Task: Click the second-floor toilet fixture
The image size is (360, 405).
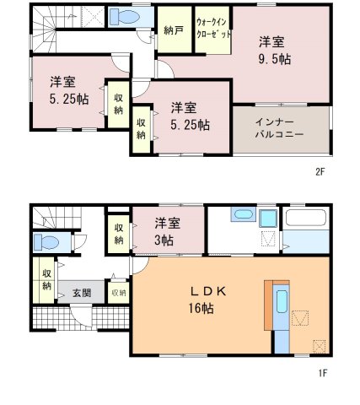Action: click(124, 17)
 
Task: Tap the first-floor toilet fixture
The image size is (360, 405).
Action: click(46, 242)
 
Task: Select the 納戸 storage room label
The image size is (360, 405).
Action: click(174, 30)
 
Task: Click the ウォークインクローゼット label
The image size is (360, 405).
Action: click(213, 28)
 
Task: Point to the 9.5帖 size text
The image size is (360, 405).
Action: click(275, 59)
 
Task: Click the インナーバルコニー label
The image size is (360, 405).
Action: click(279, 128)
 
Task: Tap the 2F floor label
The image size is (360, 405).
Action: click(320, 171)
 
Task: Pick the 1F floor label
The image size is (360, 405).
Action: click(323, 373)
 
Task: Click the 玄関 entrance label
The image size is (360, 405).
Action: click(82, 293)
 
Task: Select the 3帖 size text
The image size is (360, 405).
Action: click(164, 240)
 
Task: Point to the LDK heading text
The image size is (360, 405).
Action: click(208, 291)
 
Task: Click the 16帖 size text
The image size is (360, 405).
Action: click(201, 308)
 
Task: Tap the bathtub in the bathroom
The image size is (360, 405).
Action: click(306, 217)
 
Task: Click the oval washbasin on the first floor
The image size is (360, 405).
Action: click(243, 214)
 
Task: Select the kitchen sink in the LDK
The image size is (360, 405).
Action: click(282, 302)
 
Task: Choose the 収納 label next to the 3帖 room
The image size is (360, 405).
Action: click(119, 234)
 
